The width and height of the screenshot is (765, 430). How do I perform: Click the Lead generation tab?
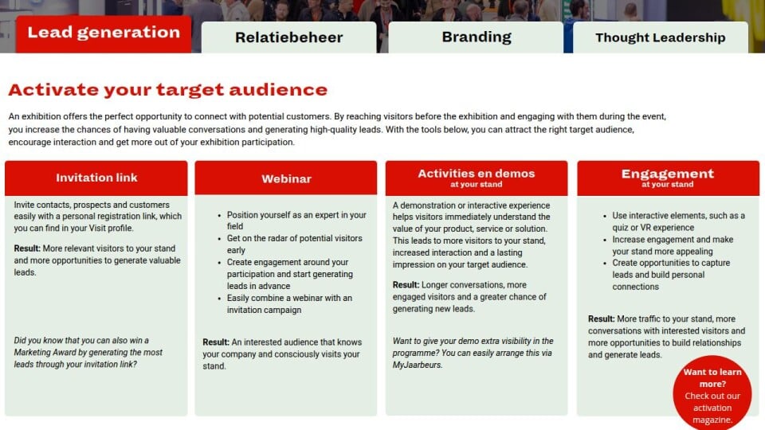[104, 33]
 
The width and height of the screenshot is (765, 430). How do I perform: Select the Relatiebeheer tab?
[288, 37]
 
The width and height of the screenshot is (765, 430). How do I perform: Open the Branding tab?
[477, 37]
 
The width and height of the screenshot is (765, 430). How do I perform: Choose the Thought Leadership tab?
[660, 37]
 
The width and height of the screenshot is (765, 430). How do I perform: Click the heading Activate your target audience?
[168, 90]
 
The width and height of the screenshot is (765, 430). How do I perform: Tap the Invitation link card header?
[96, 178]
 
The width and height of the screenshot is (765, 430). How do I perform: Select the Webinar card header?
[286, 178]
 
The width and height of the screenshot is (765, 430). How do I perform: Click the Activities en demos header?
[477, 178]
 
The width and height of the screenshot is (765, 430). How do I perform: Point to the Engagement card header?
[668, 178]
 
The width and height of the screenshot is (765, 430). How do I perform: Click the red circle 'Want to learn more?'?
[712, 393]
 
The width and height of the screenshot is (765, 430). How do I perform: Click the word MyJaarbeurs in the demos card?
[416, 365]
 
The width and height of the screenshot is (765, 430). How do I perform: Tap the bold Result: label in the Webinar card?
[216, 342]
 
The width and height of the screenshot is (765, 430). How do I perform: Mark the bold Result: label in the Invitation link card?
[27, 248]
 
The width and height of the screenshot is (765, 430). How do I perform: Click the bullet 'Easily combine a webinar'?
[289, 303]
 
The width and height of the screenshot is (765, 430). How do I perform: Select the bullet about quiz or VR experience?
[679, 221]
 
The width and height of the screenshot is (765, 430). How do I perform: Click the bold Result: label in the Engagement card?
[601, 319]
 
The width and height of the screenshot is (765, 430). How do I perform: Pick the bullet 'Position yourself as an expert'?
[296, 221]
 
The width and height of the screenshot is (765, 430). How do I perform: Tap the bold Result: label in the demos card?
[406, 285]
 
